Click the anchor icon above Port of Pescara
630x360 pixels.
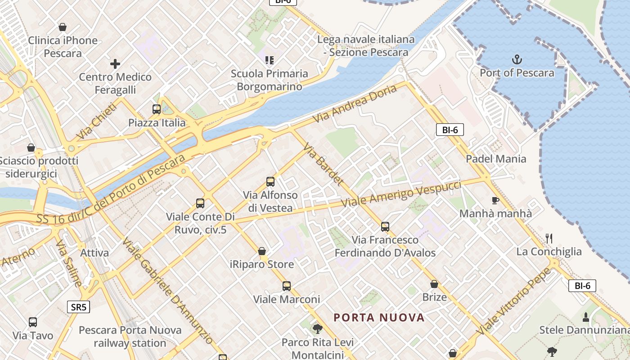coord(517,59)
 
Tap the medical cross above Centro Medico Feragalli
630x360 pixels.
coord(115,64)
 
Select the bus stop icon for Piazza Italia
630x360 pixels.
coord(156,109)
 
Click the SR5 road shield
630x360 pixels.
coord(79,307)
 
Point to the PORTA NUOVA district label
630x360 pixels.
coord(379,318)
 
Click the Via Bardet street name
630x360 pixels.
coord(324,165)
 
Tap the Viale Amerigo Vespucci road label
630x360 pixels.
coord(401,194)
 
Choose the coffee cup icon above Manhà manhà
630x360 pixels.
coord(495,200)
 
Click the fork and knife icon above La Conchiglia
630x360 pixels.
coord(549,238)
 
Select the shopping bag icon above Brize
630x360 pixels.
coord(434,284)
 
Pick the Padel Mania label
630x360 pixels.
coord(496,159)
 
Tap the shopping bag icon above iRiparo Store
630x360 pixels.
coord(262,251)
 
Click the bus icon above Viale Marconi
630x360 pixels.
coord(287,286)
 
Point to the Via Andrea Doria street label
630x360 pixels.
coord(356,104)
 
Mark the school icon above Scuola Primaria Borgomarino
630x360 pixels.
coord(270,60)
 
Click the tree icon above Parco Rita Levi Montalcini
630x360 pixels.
coord(318,328)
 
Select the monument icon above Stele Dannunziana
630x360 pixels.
coord(586,317)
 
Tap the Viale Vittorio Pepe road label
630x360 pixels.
coord(514,301)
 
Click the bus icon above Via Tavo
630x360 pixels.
coord(33,322)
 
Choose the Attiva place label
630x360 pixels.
coord(94,253)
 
